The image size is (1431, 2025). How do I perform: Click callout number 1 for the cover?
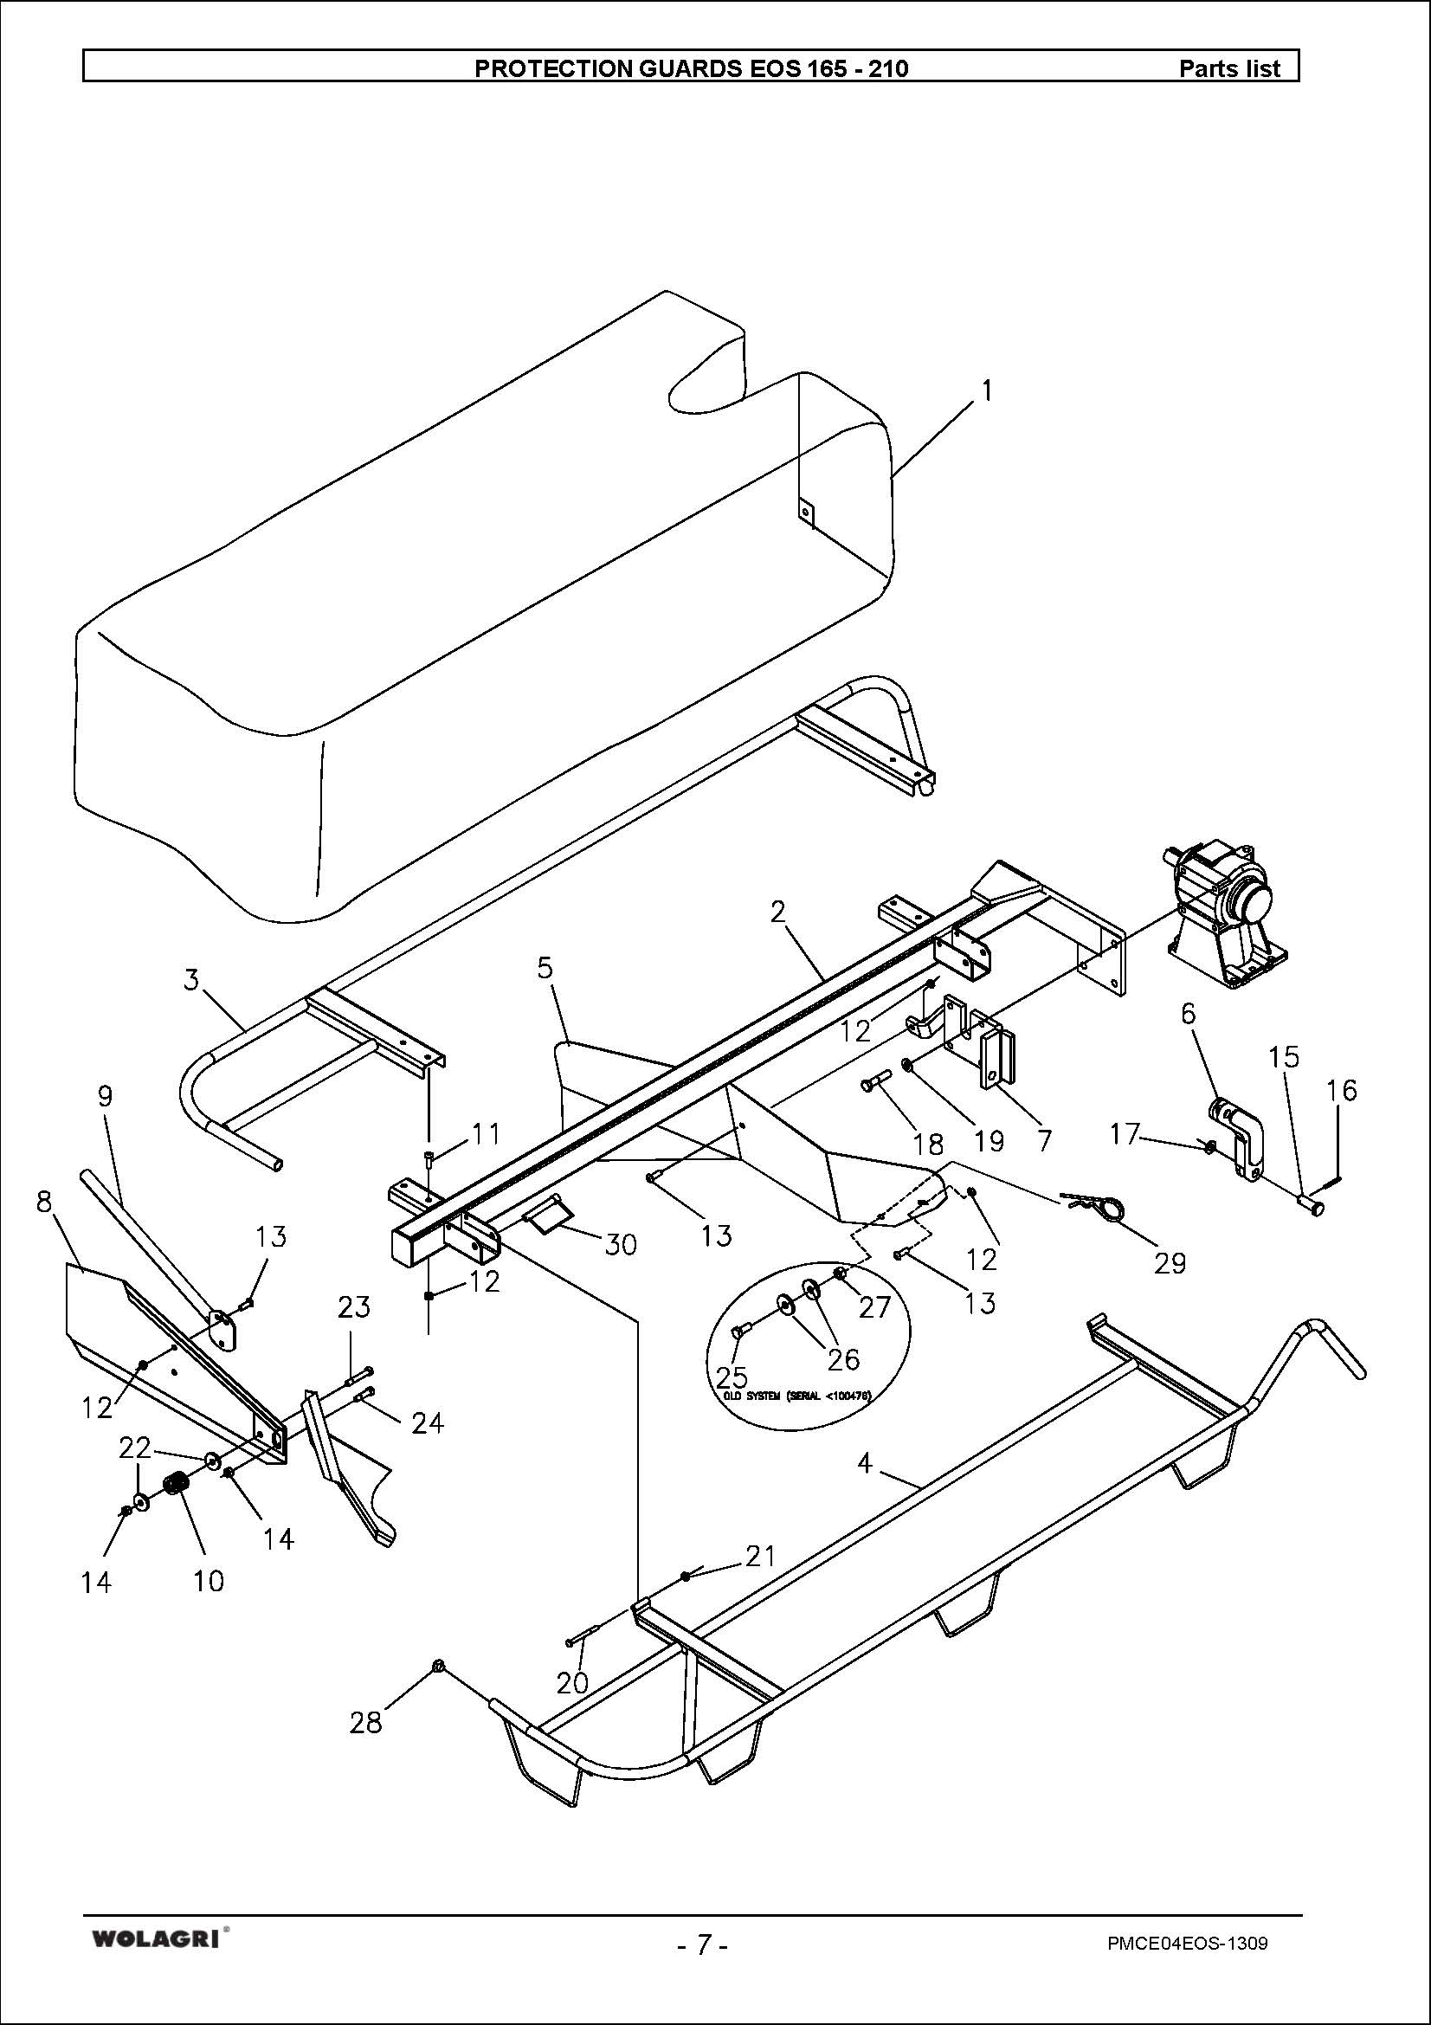click(987, 390)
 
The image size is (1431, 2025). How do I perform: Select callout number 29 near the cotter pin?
click(1170, 1263)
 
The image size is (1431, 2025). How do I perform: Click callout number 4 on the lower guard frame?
click(865, 1463)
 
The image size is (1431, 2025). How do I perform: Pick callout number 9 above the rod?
click(105, 1096)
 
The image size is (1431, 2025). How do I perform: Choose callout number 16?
click(1342, 1091)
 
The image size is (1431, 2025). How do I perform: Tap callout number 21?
click(760, 1557)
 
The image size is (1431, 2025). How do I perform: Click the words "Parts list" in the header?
click(1229, 68)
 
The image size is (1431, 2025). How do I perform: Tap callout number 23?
click(353, 1306)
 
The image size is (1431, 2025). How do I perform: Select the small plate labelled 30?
click(547, 1220)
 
